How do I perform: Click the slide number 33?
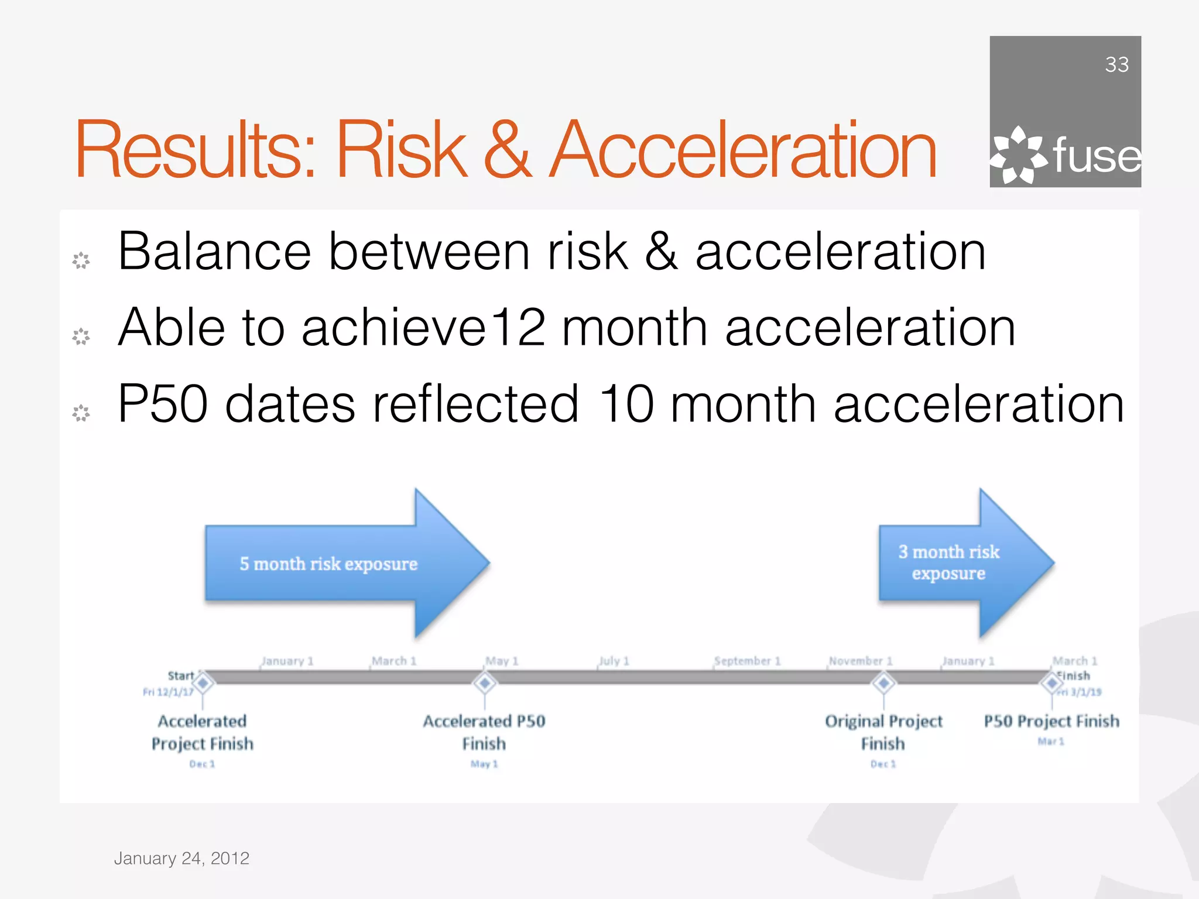(1116, 64)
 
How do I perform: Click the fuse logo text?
(1096, 156)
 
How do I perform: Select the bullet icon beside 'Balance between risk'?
(81, 260)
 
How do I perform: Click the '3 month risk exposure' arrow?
(960, 563)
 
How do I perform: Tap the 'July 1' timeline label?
(614, 661)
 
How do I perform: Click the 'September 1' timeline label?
(748, 661)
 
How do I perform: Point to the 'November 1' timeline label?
(860, 661)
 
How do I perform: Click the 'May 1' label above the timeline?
(502, 661)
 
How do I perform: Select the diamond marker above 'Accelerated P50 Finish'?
(485, 682)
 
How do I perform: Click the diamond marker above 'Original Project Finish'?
(883, 682)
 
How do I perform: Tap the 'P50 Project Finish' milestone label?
(1051, 721)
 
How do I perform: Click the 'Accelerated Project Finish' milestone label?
(203, 732)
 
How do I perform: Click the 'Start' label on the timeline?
(180, 675)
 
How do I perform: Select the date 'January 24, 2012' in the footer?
(181, 858)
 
